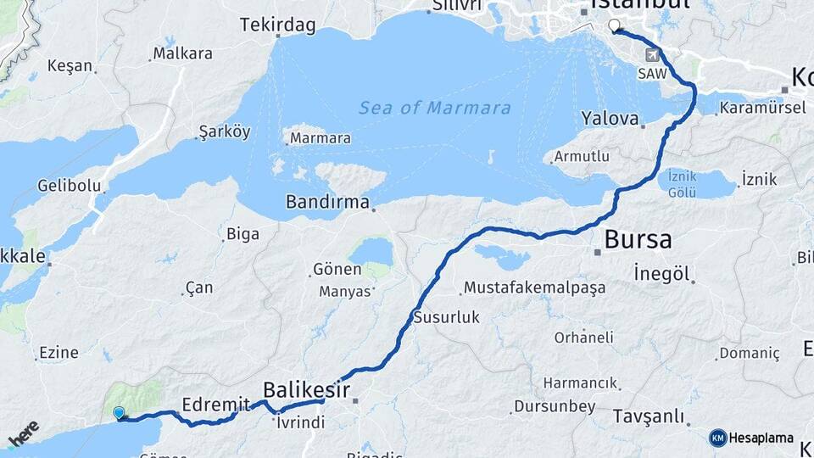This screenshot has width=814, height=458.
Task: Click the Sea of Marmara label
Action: (x=434, y=108)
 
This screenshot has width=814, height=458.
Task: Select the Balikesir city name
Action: (x=306, y=390)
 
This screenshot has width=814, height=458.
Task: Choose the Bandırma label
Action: (x=327, y=203)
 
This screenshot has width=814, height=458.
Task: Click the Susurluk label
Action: (x=446, y=318)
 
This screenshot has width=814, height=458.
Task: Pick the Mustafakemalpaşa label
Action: (x=534, y=288)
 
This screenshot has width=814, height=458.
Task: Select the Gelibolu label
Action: (x=70, y=186)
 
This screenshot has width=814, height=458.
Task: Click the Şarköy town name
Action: (x=225, y=131)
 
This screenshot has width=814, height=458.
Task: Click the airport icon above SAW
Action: (x=652, y=56)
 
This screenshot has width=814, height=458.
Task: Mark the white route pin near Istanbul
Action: (x=614, y=25)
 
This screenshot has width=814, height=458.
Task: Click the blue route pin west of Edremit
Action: (x=120, y=413)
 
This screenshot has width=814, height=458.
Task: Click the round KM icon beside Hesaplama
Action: (x=718, y=438)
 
